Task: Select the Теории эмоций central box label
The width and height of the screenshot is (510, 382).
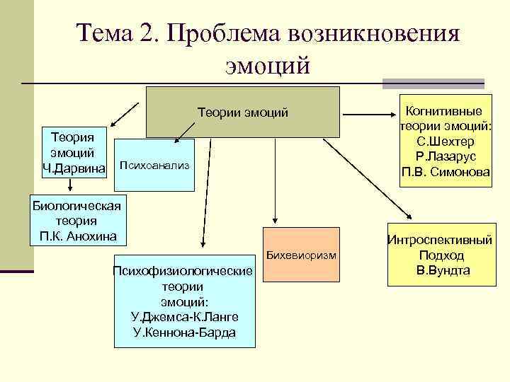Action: coord(242,112)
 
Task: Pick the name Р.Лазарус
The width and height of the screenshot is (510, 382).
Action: coord(446,156)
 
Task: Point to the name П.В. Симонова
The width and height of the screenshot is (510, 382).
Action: coord(446,171)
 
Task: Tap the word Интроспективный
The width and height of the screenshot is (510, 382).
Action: coord(440,241)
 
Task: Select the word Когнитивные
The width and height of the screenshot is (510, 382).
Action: coord(445,111)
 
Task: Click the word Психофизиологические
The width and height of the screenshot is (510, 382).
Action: coord(184,272)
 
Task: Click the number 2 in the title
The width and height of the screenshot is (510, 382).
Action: coord(147,32)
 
